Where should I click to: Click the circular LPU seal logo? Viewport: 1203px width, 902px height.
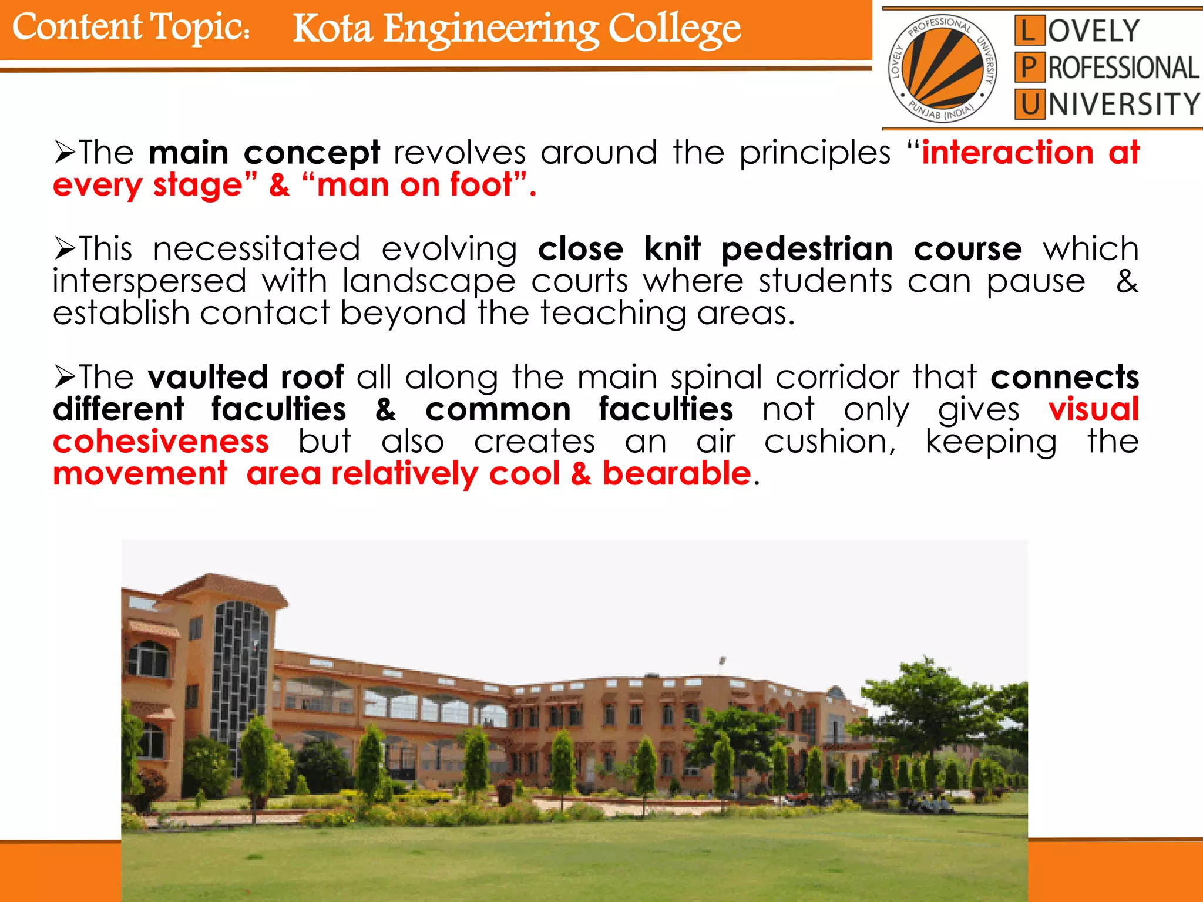coord(942,68)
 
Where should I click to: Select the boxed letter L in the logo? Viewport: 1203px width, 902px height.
coord(1029,31)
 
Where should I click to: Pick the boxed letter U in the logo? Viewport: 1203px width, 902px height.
coord(1029,105)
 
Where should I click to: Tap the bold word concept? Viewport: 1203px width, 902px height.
coord(312,153)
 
